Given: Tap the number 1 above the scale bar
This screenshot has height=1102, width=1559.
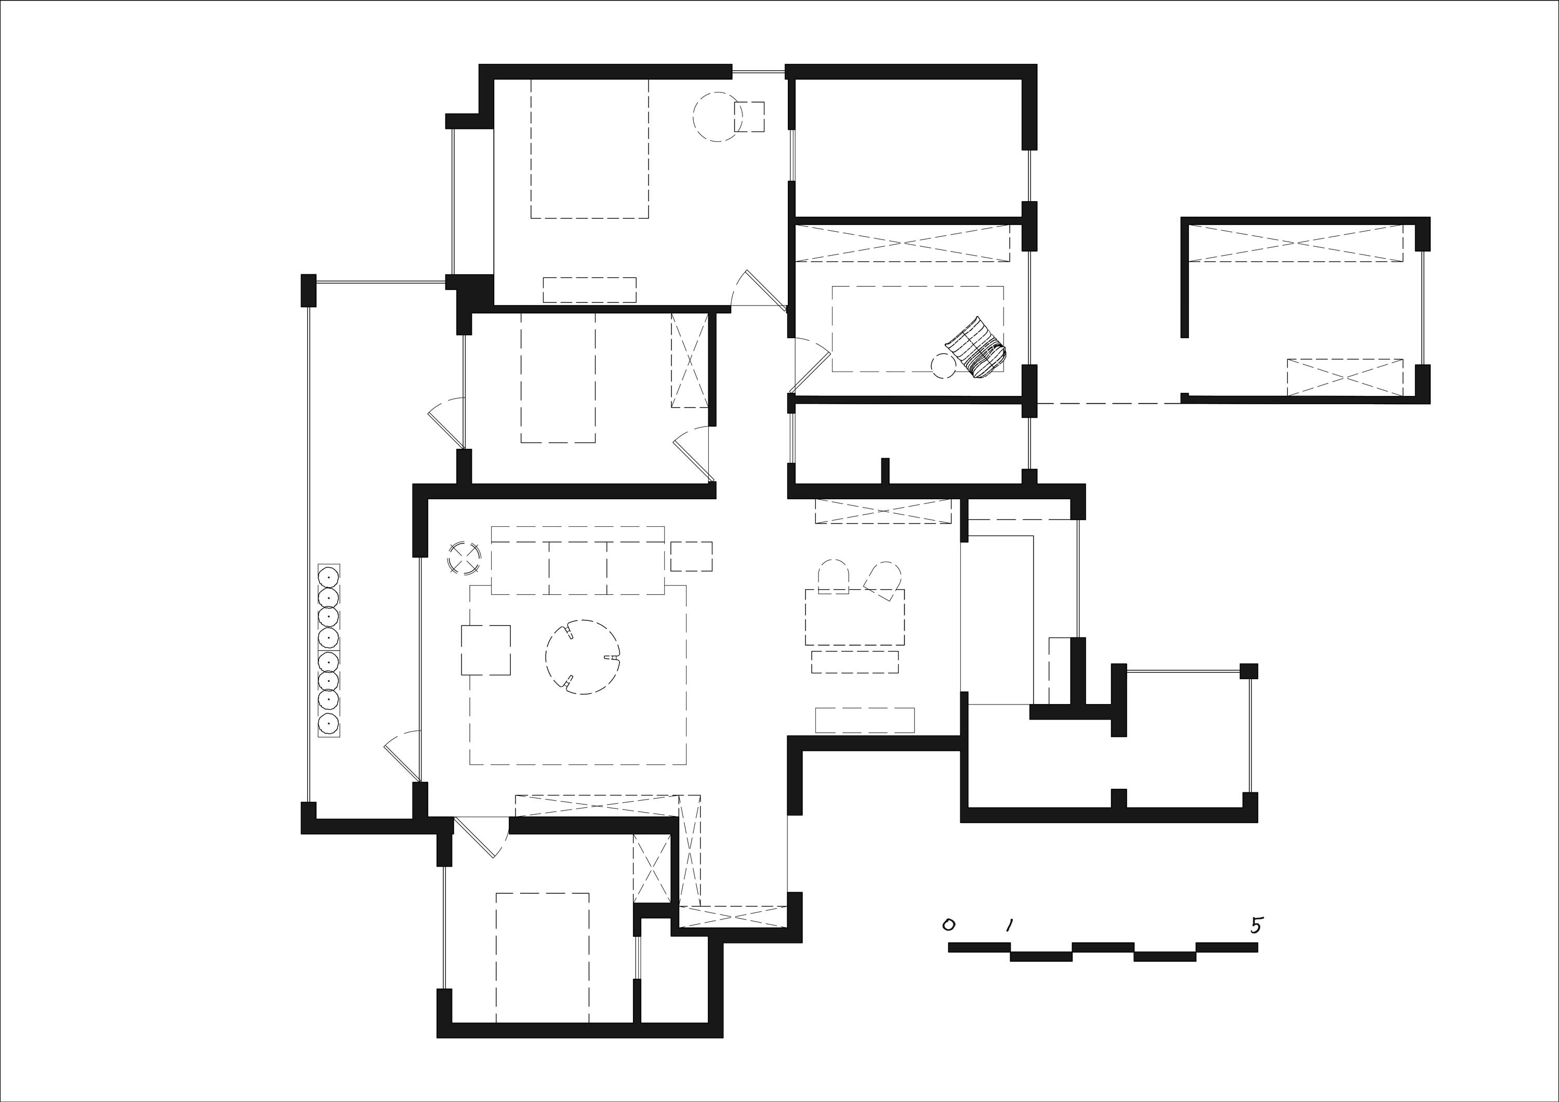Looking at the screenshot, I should [1010, 925].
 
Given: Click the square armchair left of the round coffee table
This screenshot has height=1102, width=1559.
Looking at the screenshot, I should [485, 650].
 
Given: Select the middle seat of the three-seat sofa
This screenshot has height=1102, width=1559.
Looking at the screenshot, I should [578, 568].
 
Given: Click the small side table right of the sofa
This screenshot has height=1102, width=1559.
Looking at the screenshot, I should [691, 556].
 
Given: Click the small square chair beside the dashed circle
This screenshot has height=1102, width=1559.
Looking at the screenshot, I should [750, 117].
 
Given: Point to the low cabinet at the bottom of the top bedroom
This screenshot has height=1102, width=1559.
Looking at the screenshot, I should [589, 289].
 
